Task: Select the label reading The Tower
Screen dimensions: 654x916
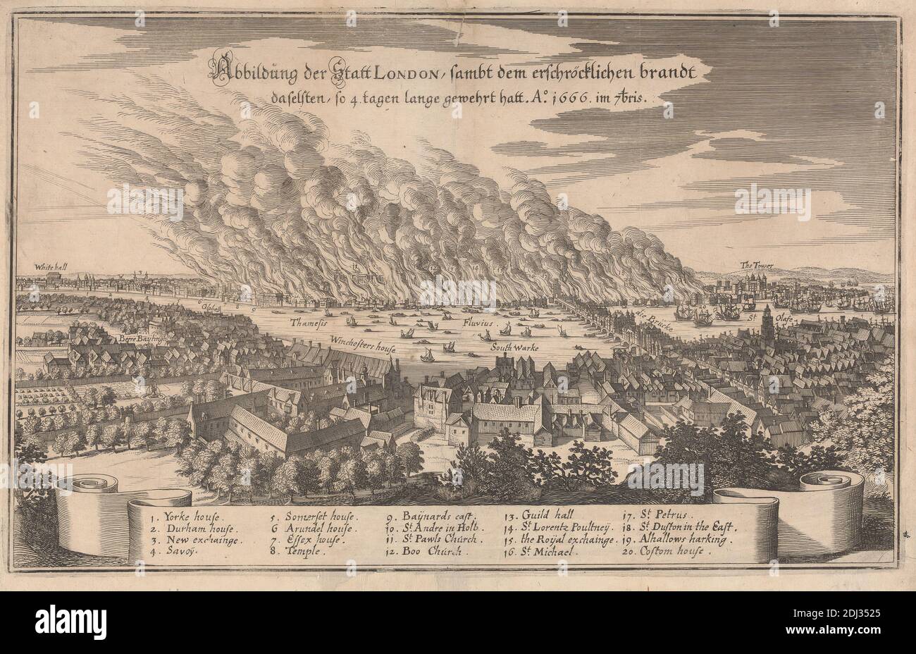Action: click(x=757, y=265)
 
